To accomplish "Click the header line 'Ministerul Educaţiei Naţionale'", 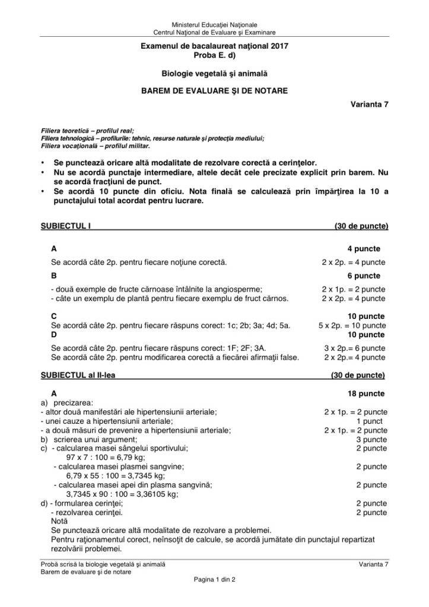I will tap(214, 24).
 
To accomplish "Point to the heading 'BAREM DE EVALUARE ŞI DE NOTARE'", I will tap(214, 91).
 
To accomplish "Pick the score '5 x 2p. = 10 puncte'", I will tap(352, 326).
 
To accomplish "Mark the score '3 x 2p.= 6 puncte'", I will tap(354, 348).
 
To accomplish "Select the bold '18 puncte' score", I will tap(366, 394).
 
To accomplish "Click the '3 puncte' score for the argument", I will tap(371, 439).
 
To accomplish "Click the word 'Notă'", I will tap(60, 520).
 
